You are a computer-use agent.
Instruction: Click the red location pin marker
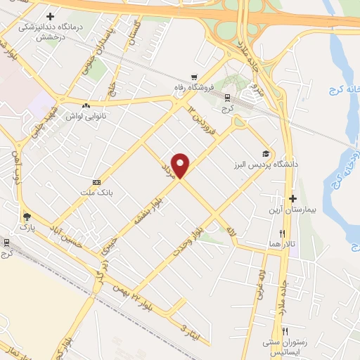(181, 165)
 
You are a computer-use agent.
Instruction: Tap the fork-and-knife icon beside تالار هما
(282, 233)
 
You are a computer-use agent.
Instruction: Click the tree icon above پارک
(27, 217)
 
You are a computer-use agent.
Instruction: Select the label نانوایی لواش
(86, 117)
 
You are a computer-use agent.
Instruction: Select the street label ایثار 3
(191, 332)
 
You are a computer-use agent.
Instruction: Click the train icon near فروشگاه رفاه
(227, 98)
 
